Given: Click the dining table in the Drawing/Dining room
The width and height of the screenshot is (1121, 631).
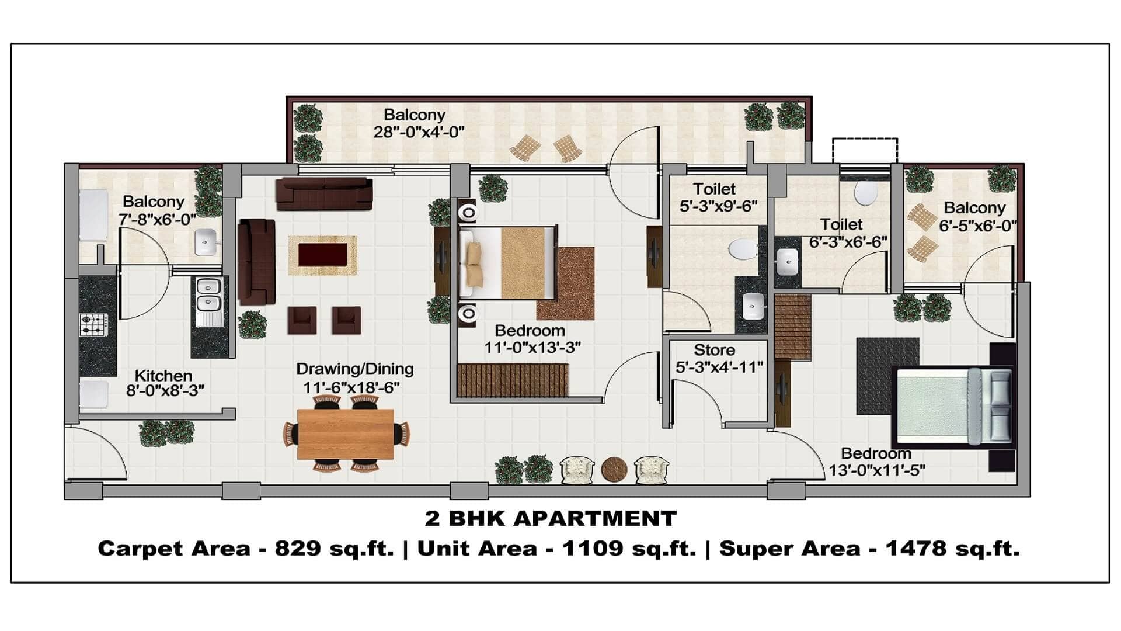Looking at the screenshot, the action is (346, 434).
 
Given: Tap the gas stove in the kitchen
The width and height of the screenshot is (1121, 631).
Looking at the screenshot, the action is (94, 325).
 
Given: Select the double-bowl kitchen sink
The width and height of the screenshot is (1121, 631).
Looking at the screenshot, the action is (208, 294).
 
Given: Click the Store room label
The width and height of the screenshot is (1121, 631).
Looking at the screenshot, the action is (714, 350).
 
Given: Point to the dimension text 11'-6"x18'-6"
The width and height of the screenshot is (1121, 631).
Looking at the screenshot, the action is (351, 388).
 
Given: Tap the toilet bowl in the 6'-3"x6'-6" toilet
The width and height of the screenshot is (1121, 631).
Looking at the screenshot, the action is (865, 193).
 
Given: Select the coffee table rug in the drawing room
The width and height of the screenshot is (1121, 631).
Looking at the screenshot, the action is (322, 255).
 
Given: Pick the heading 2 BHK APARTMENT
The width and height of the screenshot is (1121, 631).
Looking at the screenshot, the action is (551, 518).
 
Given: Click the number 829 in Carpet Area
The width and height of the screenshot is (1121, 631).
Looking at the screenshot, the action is (298, 549).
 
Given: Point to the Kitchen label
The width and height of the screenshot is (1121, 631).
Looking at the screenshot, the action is (163, 376).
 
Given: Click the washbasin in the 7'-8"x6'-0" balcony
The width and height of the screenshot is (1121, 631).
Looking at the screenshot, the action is (206, 242).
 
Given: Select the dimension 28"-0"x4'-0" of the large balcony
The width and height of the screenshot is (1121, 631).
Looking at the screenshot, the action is (419, 131).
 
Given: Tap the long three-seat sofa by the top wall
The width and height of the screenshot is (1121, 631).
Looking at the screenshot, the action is (324, 193).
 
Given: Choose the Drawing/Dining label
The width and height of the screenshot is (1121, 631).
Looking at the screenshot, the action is (355, 369).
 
